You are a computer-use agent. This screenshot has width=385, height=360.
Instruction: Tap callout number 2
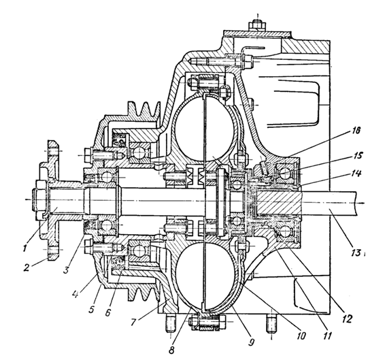[x=27, y=267]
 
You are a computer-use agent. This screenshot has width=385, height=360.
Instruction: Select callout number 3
[x=66, y=269]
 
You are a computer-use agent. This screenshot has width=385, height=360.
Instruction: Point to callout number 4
[x=76, y=294]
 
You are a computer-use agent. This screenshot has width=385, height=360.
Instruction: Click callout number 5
[x=91, y=309]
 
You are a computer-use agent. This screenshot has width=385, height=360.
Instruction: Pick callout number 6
[x=107, y=312]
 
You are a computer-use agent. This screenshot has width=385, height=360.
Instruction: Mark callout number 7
[x=133, y=321]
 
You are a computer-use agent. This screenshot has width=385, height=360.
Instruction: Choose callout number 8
[x=171, y=350]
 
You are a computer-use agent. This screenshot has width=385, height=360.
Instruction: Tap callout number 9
[x=251, y=342]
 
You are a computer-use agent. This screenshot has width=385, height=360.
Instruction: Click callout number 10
[x=301, y=336]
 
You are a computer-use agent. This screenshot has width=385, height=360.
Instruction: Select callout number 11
[x=327, y=336]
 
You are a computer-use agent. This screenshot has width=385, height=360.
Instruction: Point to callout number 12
[x=348, y=318]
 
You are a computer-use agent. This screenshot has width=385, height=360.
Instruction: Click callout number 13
[x=356, y=252]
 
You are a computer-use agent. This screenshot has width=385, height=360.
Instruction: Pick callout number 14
[x=356, y=174]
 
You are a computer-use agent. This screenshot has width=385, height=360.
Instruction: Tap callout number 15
[x=358, y=156]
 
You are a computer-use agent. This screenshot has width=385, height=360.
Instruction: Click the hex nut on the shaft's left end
[x=39, y=199]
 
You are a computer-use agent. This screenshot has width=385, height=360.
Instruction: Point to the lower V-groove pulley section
[x=143, y=291]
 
